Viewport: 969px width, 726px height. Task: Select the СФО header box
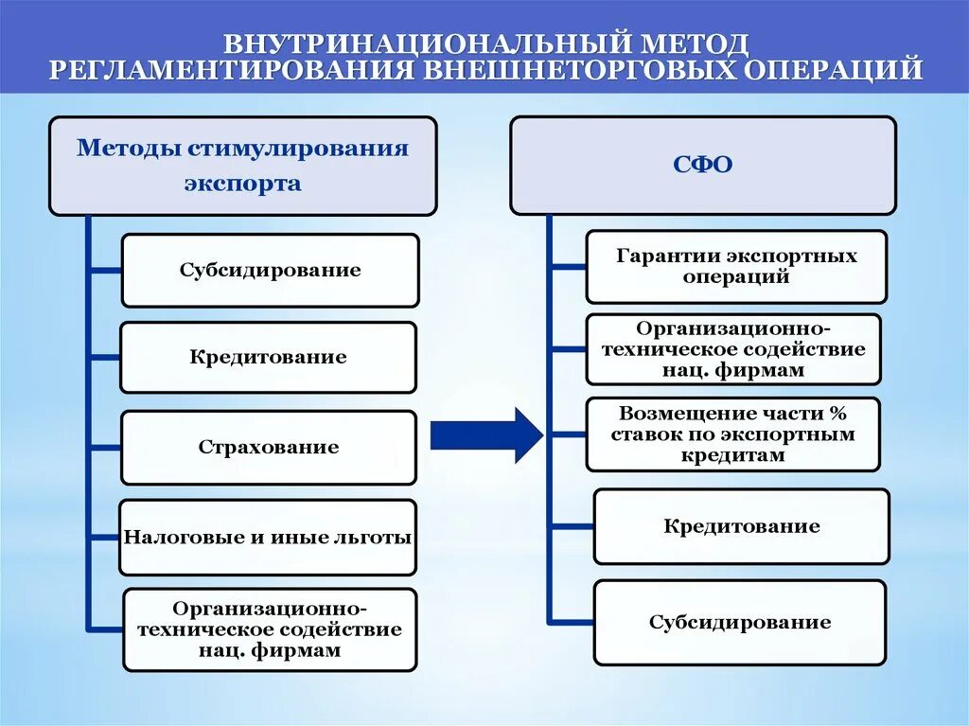point(702,165)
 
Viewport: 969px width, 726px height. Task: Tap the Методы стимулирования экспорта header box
point(242,166)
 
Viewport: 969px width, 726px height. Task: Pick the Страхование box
point(269,447)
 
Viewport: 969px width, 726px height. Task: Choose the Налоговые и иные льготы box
point(268,537)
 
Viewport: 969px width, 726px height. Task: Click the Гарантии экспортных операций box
point(736,266)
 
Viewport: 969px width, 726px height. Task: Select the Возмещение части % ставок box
point(732,434)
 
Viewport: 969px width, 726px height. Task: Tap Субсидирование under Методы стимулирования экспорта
point(270,270)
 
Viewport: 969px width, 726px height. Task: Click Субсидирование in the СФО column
point(740,622)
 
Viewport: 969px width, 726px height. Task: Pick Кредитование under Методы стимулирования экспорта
point(268,357)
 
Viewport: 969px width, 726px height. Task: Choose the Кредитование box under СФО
point(741,525)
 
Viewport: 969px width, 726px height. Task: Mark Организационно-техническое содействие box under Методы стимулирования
point(269,629)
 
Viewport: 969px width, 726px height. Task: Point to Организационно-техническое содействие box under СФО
point(732,349)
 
